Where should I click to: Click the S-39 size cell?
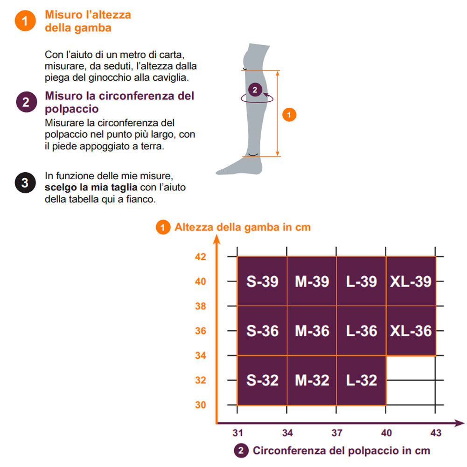262,281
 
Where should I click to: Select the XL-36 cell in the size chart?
411,331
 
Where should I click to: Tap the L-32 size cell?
361,380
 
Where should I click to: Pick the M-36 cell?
312,331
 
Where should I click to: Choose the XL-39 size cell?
411,281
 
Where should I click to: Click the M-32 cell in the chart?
312,380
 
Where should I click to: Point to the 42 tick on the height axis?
201,257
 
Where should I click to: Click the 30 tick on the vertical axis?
201,405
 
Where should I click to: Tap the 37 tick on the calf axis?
336,433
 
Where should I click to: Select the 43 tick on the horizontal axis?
436,433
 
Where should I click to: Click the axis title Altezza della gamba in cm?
243,227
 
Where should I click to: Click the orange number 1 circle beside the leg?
289,115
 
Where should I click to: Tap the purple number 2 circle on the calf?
255,90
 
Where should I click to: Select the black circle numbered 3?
25,182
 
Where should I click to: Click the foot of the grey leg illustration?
238,167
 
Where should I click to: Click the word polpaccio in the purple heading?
71,109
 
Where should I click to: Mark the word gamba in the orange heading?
93,28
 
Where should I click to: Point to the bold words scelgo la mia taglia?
91,188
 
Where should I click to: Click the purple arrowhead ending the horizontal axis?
460,423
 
